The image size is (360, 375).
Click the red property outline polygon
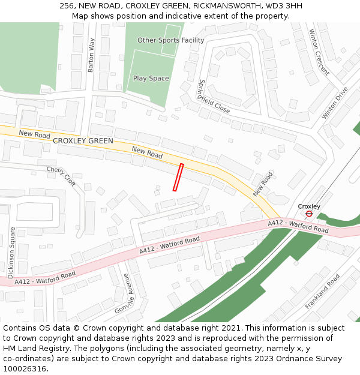coord(178,177)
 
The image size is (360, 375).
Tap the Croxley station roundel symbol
coord(309,214)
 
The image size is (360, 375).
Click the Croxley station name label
coord(309,206)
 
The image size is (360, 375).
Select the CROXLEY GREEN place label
coord(83,141)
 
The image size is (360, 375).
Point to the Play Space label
coord(151,79)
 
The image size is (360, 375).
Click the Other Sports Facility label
coord(171,40)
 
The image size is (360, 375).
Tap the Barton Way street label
coord(92,56)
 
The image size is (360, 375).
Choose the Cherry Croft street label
coord(62,176)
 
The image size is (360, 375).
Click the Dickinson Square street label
coord(11,252)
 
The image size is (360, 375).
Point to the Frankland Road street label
coord(322,292)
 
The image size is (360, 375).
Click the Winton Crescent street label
coord(319,53)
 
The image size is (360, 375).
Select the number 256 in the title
coord(67,6)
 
